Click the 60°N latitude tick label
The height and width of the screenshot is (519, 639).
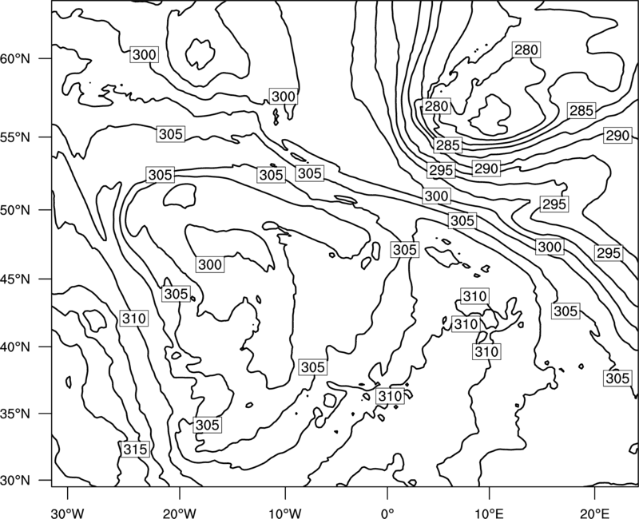point(15,59)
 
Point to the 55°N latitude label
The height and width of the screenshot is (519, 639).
point(15,137)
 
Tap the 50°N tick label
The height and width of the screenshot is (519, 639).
point(15,210)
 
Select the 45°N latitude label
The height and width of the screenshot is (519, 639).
point(15,279)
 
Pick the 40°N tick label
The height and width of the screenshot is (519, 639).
point(15,347)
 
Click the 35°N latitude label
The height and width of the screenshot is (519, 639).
point(15,414)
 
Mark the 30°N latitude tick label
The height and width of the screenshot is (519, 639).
point(15,481)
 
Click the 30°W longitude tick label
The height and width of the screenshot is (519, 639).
point(67,513)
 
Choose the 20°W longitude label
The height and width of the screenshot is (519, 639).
point(179,513)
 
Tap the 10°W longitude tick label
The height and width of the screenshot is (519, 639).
point(285,513)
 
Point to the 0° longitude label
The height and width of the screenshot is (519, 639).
point(387,513)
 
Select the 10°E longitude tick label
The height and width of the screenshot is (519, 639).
point(489,513)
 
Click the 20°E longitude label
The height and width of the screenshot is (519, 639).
point(594,513)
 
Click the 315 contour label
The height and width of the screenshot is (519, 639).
point(135,450)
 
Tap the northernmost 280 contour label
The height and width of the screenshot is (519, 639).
point(526,50)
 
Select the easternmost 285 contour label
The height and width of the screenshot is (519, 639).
point(581,110)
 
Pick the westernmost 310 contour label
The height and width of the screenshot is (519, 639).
point(134,318)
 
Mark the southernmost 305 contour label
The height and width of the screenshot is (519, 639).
point(208,425)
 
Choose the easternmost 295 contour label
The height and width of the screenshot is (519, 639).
point(609,253)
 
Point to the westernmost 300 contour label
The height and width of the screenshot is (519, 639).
point(145,54)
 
